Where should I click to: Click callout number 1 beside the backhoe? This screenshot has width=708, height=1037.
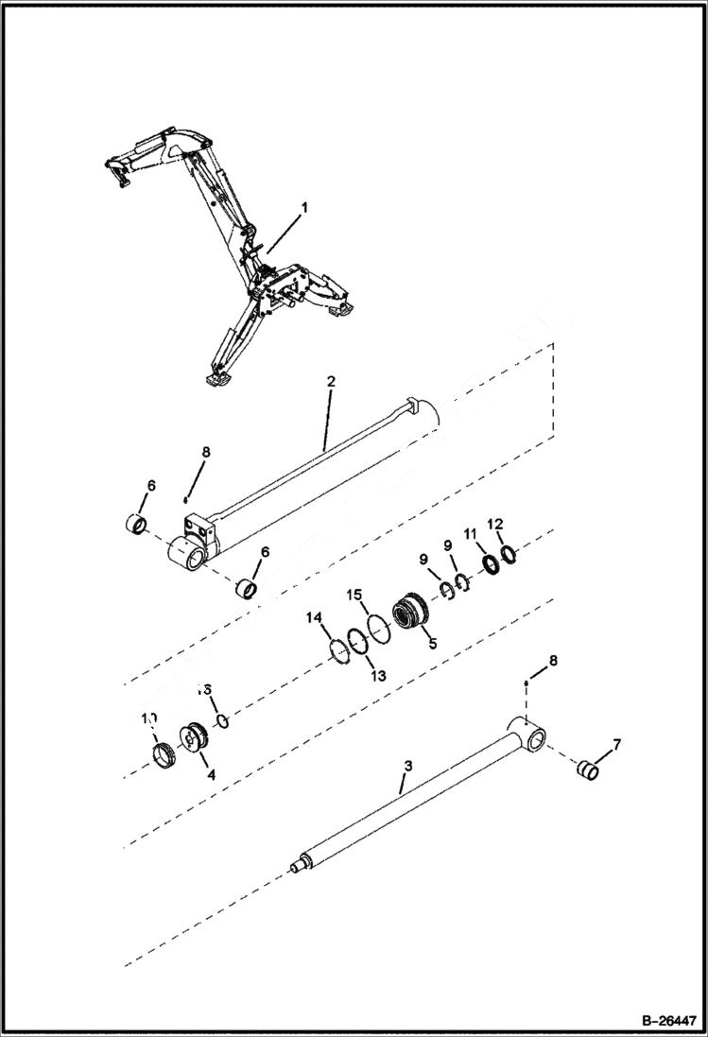pyautogui.click(x=303, y=207)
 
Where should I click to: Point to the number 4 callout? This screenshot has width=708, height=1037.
pyautogui.click(x=211, y=773)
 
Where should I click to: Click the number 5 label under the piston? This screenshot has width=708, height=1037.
pyautogui.click(x=433, y=643)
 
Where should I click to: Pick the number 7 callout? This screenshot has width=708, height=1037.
pyautogui.click(x=615, y=746)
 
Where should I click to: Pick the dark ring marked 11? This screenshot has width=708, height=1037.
pyautogui.click(x=491, y=567)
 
